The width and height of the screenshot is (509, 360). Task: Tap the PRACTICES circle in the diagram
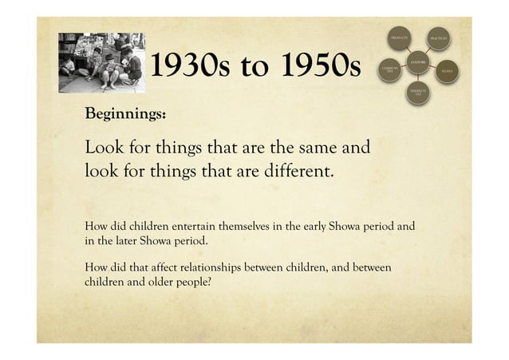[440, 38]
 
